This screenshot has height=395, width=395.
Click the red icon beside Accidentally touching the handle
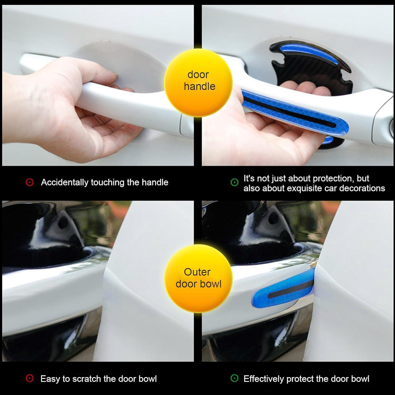pyautogui.click(x=30, y=182)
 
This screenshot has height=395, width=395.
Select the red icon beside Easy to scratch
pyautogui.click(x=30, y=379)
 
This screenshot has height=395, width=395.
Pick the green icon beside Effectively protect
pyautogui.click(x=234, y=379)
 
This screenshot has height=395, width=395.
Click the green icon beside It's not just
pyautogui.click(x=234, y=182)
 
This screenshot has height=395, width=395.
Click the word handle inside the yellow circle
pyautogui.click(x=199, y=86)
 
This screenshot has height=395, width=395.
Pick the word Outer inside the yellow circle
pyautogui.click(x=197, y=272)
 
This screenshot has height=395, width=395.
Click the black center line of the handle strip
pyautogui.click(x=290, y=112)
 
